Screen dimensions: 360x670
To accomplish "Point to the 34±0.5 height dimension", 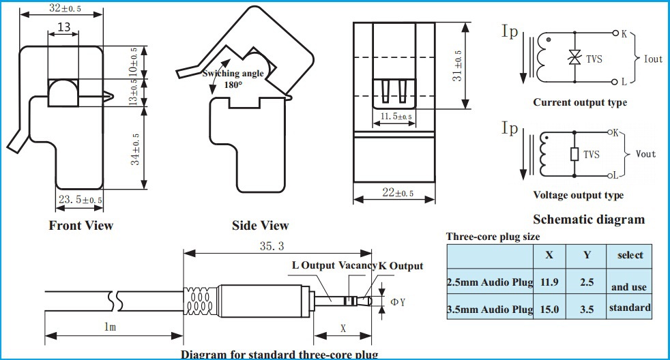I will point(135,149).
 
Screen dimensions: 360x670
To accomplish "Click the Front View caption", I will point(81,225).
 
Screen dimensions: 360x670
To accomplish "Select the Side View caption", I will point(261,225).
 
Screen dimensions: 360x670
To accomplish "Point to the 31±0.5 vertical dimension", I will point(458,65).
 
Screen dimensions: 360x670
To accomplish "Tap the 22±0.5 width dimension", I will point(398,194).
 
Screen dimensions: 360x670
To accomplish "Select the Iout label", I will point(653,59).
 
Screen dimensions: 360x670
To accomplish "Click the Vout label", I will point(645,154).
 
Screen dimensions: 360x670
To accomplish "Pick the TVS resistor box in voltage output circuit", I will point(574,155).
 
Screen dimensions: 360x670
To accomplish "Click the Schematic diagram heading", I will point(588,219).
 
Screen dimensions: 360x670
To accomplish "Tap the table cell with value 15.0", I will point(549,310).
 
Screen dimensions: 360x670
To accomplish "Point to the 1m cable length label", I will point(110,327).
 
